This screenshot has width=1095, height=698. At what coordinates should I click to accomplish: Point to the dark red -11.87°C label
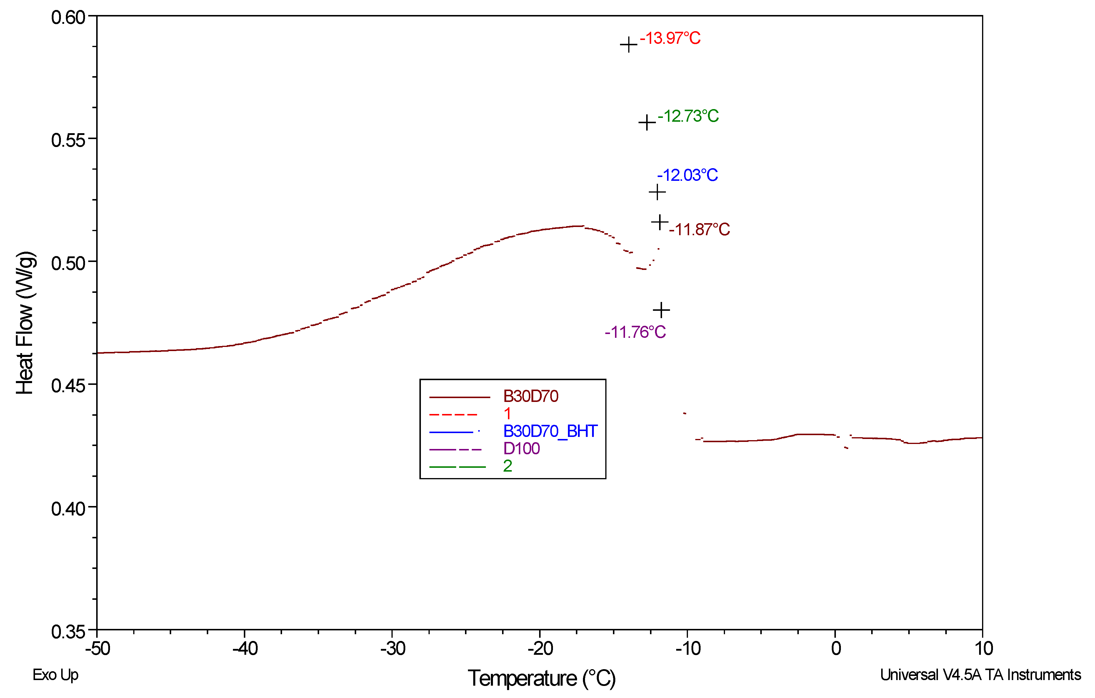click(699, 230)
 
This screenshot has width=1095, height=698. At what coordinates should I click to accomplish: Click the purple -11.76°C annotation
click(635, 333)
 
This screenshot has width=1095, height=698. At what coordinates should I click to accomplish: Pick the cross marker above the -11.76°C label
click(661, 310)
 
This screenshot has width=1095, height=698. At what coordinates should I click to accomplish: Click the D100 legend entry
click(521, 449)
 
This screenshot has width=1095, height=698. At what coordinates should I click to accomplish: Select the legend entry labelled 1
click(507, 414)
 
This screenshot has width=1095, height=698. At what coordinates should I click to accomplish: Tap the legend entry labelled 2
click(507, 466)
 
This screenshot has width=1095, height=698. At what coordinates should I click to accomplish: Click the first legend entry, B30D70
click(530, 397)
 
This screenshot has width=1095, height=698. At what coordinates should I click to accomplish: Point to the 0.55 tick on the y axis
click(68, 140)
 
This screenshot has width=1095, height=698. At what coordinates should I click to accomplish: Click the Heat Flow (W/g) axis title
click(25, 323)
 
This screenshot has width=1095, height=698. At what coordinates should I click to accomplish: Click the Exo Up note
click(56, 675)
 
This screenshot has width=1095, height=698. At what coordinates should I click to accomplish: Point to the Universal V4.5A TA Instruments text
click(980, 675)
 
